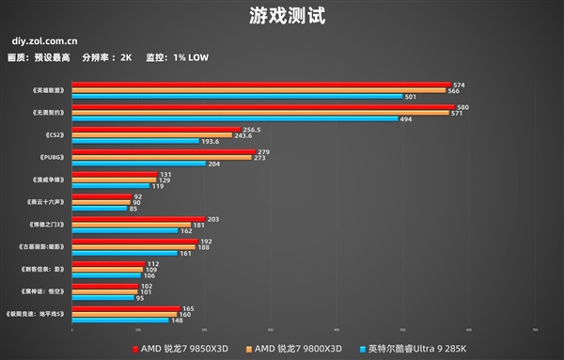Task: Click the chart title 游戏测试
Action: tap(282, 16)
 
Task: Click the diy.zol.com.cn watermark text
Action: tap(45, 41)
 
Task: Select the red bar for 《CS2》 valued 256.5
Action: tap(156, 130)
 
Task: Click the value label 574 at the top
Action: tap(459, 85)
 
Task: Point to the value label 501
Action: tap(411, 97)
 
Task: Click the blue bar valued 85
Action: tap(100, 208)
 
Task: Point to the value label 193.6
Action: tap(210, 141)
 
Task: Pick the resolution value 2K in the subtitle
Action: tap(126, 57)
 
